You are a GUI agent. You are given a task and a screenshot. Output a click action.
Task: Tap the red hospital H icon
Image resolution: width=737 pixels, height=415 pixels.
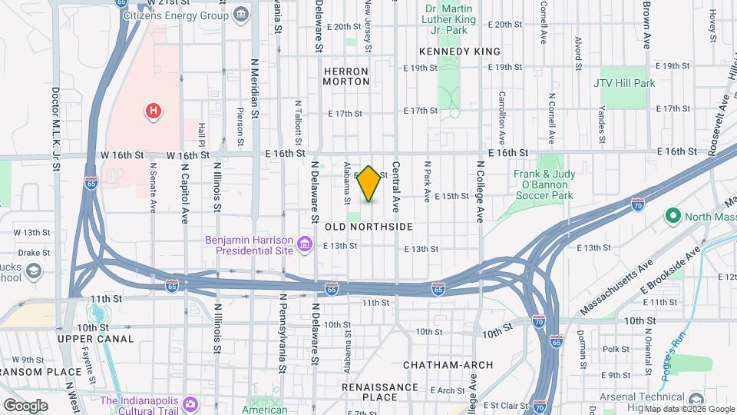click(x=154, y=111)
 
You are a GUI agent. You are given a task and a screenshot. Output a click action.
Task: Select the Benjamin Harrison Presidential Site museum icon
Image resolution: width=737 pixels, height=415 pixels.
click(x=306, y=245)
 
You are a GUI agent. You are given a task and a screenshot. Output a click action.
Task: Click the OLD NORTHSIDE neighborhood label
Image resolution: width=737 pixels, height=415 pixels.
click(x=368, y=227)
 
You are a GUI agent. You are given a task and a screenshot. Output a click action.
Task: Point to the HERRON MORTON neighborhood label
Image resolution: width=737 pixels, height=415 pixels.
click(x=346, y=75)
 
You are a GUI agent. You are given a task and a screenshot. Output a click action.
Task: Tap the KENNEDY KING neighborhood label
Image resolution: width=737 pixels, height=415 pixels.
click(x=460, y=51)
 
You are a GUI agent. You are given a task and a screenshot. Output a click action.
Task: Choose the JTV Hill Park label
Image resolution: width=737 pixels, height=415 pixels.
click(x=624, y=82)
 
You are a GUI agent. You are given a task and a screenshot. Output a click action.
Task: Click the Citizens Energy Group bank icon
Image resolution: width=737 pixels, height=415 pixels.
click(x=240, y=15)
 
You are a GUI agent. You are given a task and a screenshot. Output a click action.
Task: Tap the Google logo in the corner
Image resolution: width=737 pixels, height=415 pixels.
click(x=25, y=405)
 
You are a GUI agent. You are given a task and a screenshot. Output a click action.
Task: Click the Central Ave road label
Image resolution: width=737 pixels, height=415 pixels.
click(x=397, y=187)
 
